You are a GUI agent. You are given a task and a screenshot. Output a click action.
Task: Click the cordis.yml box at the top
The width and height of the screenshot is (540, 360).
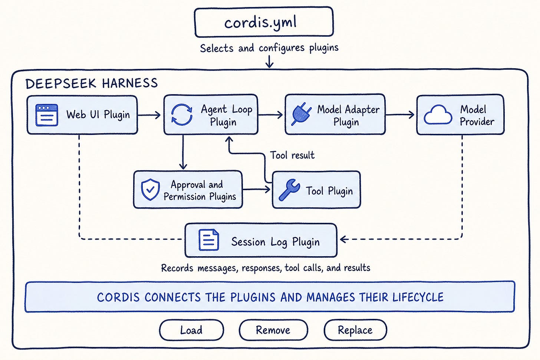tap(264, 22)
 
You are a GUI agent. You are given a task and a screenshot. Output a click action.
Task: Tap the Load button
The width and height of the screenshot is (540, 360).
tap(191, 330)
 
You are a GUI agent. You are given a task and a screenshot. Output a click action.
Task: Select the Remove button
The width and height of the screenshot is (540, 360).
tap(273, 330)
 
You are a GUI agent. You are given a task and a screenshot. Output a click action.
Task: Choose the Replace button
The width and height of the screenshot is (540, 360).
tap(355, 330)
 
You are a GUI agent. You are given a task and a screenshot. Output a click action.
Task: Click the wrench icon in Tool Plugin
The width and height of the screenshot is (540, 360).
tap(289, 189)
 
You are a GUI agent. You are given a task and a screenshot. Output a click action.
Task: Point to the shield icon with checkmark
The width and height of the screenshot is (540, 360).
tap(151, 189)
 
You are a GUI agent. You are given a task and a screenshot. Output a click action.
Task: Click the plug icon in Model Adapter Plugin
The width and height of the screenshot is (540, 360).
tap(301, 114)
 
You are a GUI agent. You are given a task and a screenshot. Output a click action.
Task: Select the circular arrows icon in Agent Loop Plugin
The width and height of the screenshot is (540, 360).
tap(182, 115)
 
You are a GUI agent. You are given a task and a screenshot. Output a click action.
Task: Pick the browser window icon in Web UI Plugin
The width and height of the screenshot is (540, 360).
tap(46, 115)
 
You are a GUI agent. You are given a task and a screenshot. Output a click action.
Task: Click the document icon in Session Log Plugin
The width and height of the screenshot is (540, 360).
tap(209, 240)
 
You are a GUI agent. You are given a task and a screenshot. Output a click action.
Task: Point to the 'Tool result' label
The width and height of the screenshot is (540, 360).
tap(292, 155)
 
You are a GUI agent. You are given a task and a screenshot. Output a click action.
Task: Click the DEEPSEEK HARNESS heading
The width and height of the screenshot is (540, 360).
tap(91, 83)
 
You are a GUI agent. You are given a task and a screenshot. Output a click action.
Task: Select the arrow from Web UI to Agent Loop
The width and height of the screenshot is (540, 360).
tap(149, 115)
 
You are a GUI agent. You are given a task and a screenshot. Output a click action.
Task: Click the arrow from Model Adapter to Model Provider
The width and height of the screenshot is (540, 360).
tap(400, 115)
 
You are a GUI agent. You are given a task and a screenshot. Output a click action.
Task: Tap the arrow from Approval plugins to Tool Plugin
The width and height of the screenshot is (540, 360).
tap(256, 189)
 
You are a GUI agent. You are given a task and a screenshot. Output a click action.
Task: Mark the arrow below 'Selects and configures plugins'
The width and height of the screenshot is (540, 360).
tap(269, 62)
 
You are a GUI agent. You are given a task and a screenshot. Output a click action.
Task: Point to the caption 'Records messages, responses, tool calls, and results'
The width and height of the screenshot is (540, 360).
tap(266, 268)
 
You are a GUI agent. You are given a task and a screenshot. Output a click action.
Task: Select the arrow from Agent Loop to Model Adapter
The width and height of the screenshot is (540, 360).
tap(270, 115)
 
